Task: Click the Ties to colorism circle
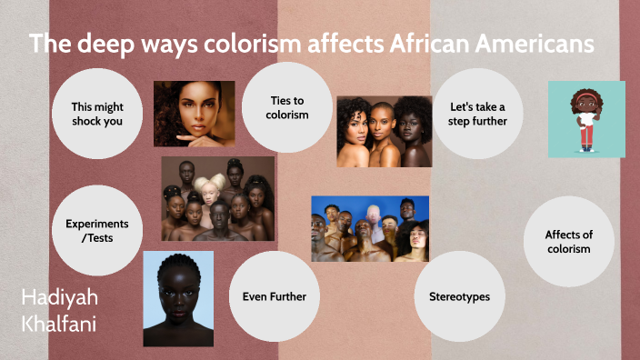pos(288,107)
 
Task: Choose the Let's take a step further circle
pos(477,114)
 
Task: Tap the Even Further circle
pos(274,296)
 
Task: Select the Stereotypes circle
pos(460,296)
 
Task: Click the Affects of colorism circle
pos(568,242)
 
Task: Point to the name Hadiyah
pos(59,298)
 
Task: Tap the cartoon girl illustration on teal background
pos(586,119)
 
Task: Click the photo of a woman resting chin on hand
pos(194,114)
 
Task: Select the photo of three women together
pos(384,132)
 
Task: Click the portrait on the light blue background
pos(178,298)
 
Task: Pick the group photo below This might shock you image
pos(218,198)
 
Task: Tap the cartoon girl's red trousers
pos(587,136)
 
